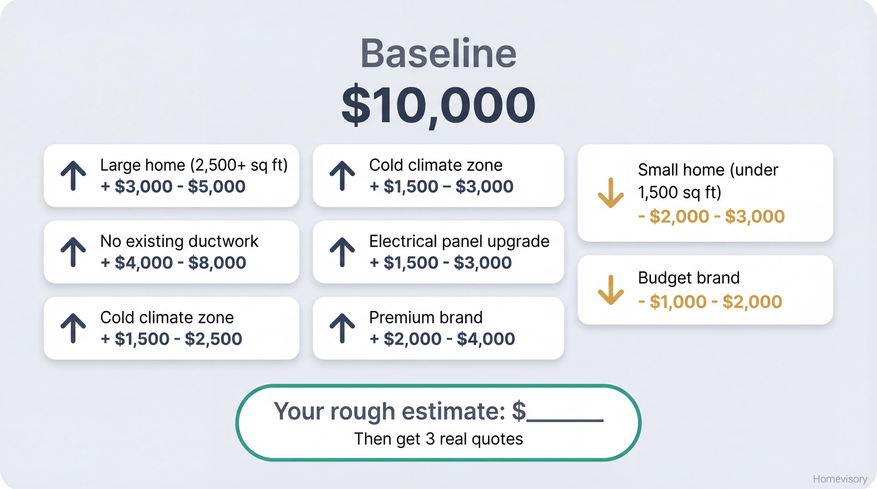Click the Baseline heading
point(438,54)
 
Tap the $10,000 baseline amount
point(438,106)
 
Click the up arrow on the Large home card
point(73,176)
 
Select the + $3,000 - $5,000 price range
point(173,187)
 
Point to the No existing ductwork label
point(179,241)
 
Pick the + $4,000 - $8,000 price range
point(173,263)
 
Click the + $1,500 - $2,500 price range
point(171,339)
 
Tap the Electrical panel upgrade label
point(459,241)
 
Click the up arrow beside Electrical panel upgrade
point(342,252)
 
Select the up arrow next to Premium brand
point(342,328)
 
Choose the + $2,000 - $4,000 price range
point(442,339)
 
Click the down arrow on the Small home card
point(610,193)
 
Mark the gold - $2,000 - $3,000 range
point(711,216)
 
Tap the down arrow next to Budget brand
point(610,290)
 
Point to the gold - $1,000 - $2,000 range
point(710,302)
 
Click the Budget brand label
point(688,278)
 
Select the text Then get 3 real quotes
point(438,439)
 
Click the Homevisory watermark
point(840,479)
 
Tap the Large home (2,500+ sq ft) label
point(194,165)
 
